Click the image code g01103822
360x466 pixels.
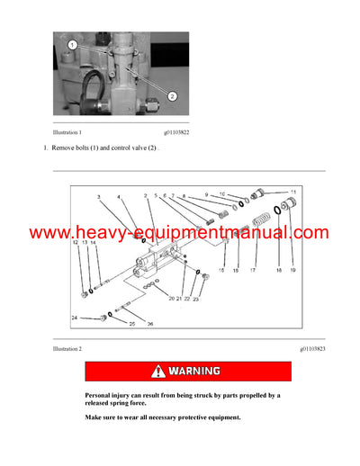(x=171, y=130)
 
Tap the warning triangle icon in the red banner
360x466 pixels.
(x=159, y=371)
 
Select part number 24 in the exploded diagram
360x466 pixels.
(x=75, y=317)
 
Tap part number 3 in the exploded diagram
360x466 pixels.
(x=99, y=196)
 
